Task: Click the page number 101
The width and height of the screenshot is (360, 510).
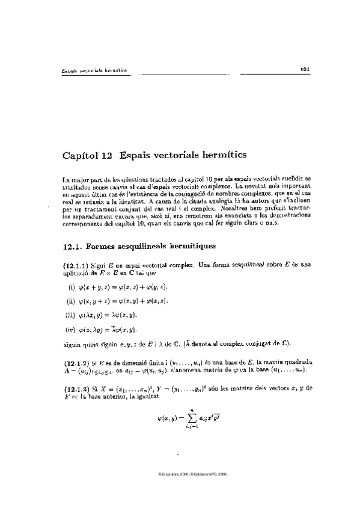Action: click(x=304, y=70)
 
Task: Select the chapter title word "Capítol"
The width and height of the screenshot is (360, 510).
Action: click(x=81, y=156)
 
